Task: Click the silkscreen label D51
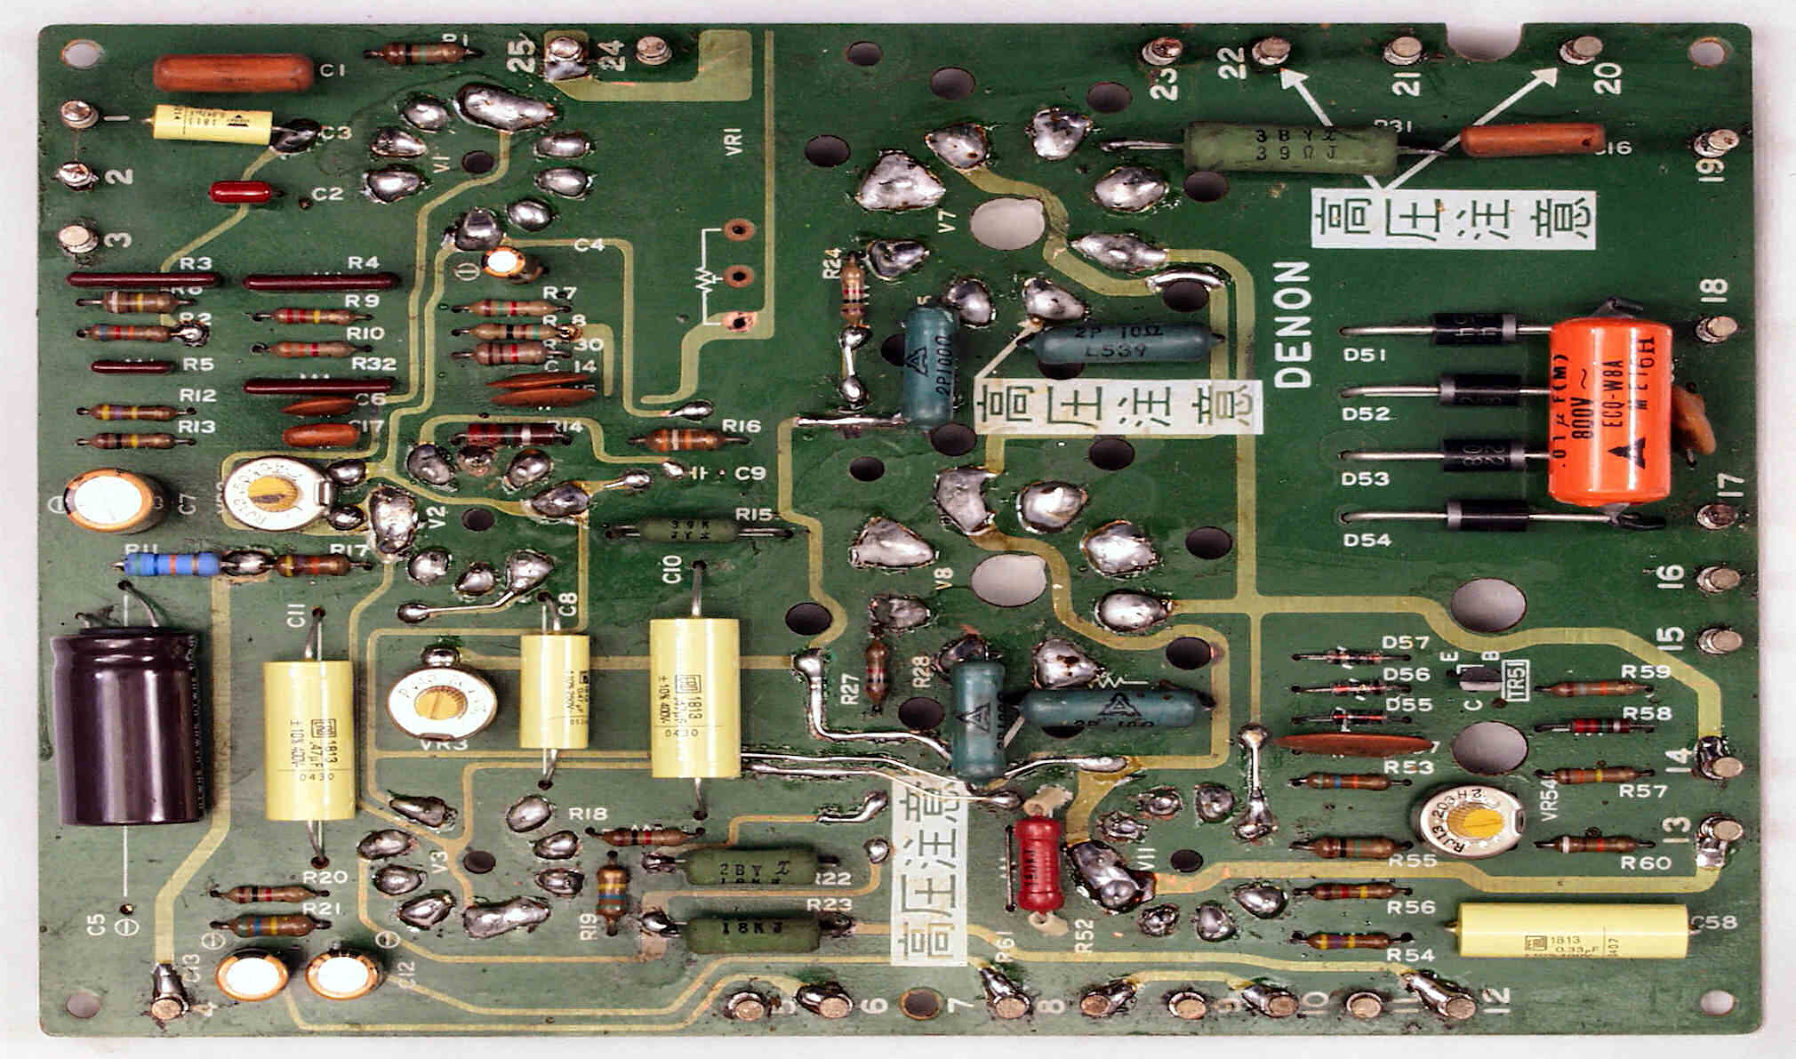coord(1365,355)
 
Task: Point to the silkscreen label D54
coord(1367,540)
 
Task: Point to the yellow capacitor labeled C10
coord(694,698)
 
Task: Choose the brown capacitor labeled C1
coord(233,74)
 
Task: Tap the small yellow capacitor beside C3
coord(212,124)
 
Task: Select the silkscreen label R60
coord(1645,862)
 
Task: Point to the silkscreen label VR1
coord(734,141)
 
